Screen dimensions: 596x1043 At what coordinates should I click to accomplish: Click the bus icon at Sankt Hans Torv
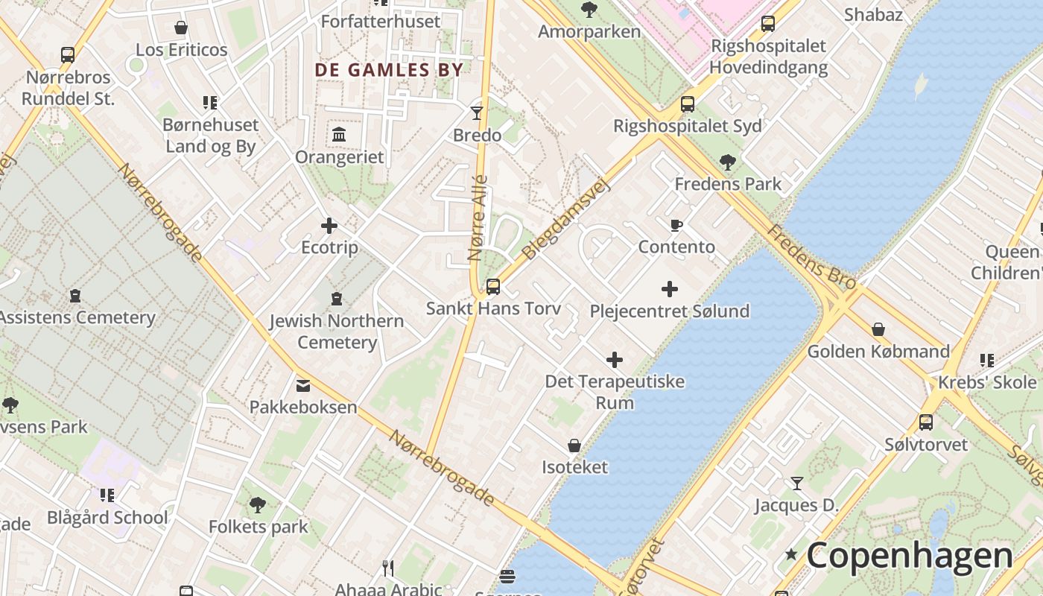(492, 286)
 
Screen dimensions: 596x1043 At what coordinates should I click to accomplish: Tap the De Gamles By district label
(389, 70)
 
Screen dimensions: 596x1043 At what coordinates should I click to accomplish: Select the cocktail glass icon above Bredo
(477, 113)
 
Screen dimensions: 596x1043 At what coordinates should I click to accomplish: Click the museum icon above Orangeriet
(339, 135)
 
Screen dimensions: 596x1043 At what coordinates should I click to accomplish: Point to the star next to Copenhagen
(791, 555)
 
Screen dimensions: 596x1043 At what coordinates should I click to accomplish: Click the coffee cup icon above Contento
(676, 225)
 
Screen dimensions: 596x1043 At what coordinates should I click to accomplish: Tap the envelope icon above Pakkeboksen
(303, 385)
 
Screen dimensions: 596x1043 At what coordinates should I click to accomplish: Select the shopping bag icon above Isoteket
(574, 446)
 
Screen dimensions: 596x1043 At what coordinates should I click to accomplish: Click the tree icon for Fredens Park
(728, 162)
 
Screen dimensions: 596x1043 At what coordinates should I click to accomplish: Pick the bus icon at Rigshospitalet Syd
(687, 104)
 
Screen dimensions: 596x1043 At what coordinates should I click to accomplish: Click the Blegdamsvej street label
(566, 218)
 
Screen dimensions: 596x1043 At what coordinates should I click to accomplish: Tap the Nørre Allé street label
(478, 218)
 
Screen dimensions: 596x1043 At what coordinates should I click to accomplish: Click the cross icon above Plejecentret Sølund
(670, 289)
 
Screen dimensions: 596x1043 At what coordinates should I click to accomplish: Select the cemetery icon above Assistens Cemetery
(75, 296)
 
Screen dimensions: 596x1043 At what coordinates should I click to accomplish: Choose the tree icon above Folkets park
(258, 505)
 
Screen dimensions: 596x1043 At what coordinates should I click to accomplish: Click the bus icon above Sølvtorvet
(925, 422)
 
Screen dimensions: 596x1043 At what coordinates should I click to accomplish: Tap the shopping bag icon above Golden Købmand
(878, 329)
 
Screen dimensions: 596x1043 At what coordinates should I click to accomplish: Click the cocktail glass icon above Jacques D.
(796, 484)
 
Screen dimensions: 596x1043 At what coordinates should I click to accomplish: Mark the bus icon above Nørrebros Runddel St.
(68, 55)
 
